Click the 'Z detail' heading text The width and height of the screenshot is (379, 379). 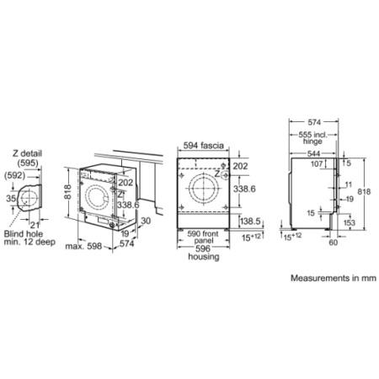pos(27,152)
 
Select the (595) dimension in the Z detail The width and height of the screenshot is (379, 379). pos(27,163)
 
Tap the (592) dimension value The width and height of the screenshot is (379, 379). pos(13,176)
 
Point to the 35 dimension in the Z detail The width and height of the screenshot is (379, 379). pos(11,199)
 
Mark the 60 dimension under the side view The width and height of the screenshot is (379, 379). pos(333,242)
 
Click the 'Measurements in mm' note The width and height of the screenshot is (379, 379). pos(329,277)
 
